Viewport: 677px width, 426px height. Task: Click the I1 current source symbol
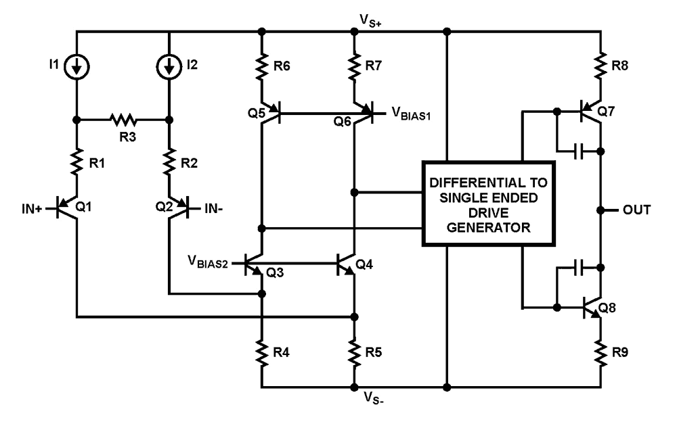point(77,66)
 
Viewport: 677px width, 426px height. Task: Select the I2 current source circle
point(169,66)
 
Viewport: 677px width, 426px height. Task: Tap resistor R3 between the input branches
point(123,120)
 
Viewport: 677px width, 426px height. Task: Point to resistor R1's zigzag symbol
point(77,162)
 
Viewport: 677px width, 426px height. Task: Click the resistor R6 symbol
point(261,66)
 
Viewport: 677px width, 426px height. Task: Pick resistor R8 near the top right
point(600,66)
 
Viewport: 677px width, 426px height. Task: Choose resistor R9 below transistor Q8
point(600,353)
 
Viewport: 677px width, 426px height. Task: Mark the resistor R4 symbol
point(261,353)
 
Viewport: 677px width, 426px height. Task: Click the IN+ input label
point(32,209)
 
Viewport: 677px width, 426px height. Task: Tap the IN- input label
point(214,209)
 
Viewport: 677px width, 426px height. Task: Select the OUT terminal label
point(636,210)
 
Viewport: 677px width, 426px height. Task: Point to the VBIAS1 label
point(411,114)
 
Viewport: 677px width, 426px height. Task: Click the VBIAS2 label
point(208,261)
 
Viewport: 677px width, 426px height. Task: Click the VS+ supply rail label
point(370,20)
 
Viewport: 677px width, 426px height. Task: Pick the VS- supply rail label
point(374,397)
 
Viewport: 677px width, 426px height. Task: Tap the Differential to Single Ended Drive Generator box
point(488,204)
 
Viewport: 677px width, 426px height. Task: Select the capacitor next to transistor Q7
point(579,151)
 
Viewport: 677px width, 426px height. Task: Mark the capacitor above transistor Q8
point(579,267)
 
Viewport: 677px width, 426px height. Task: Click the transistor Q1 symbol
point(68,209)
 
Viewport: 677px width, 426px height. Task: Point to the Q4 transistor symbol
point(346,264)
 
